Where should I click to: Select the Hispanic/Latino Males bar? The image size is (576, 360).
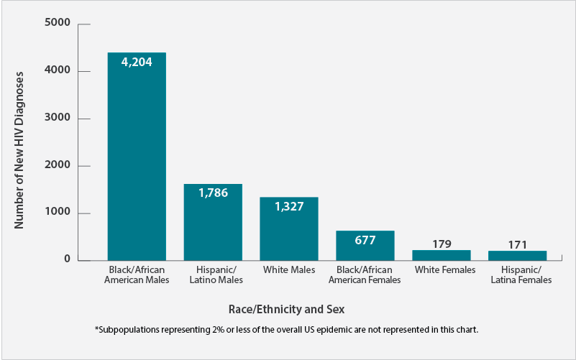point(213,222)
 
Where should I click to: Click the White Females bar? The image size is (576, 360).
point(442,255)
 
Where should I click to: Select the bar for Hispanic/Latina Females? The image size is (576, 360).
point(518,256)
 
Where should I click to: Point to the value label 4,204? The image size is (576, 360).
point(137,62)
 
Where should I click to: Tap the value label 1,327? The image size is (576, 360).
point(289,206)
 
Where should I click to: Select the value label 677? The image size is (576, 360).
point(365,240)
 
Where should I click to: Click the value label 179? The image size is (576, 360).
point(442,244)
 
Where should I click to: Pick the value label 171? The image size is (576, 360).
point(518,244)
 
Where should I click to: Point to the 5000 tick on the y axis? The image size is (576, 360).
point(57,24)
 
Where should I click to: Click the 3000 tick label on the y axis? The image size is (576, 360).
point(57,119)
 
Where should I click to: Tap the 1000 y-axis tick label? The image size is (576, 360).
point(57,213)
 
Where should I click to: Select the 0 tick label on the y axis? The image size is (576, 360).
point(66,259)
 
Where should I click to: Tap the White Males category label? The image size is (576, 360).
point(289,270)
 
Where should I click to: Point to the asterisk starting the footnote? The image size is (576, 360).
point(96,329)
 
